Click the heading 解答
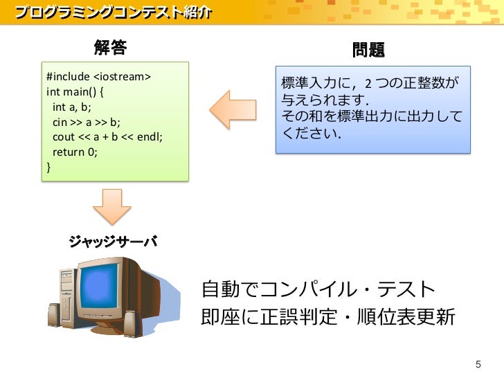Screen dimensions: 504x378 111,48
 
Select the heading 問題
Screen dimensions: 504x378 368,50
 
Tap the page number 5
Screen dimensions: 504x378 476,365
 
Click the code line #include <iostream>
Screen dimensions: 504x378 98,76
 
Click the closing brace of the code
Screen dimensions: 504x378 48,167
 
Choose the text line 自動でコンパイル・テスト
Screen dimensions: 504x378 318,289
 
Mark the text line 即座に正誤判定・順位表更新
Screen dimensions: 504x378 327,317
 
